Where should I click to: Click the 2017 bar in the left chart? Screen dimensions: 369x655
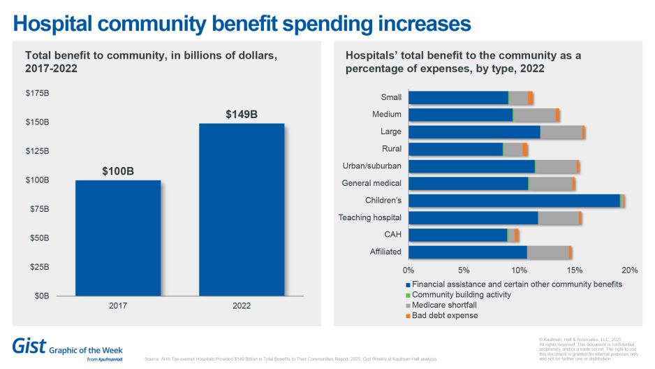pos(118,238)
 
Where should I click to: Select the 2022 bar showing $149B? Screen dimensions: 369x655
pos(242,210)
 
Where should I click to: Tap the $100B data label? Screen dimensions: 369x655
pos(118,171)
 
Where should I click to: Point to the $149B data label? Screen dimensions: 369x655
pos(242,114)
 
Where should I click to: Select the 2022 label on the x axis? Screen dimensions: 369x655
pos(242,306)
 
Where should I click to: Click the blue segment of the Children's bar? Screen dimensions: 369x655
pos(513,201)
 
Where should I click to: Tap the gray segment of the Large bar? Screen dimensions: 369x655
pos(561,132)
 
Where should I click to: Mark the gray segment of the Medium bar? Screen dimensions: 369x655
pos(534,115)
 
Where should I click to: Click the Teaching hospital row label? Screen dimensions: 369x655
pos(369,217)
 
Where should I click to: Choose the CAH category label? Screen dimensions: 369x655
pos(392,235)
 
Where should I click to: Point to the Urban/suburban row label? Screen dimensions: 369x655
pos(371,166)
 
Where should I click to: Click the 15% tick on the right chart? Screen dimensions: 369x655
pos(575,270)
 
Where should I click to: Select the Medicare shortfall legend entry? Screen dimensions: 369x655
pos(445,305)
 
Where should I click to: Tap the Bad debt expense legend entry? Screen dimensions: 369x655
pos(445,316)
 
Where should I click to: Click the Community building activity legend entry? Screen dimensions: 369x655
pos(461,295)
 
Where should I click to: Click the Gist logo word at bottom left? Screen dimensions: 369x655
pos(29,345)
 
